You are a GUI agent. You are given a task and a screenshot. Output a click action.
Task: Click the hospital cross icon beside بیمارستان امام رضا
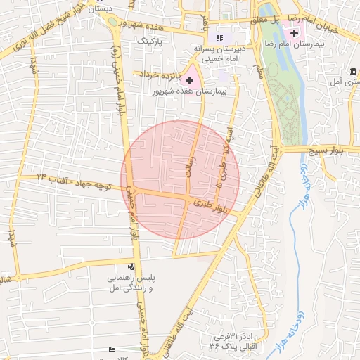[x=294, y=33]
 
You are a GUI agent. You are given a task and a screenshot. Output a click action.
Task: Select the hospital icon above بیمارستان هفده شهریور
[x=189, y=81]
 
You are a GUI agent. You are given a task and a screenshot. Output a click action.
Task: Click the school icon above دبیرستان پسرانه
[x=219, y=37]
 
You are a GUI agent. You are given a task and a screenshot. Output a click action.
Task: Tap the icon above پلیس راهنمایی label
[x=130, y=266]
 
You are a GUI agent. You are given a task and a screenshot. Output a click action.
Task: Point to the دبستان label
[x=102, y=8]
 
